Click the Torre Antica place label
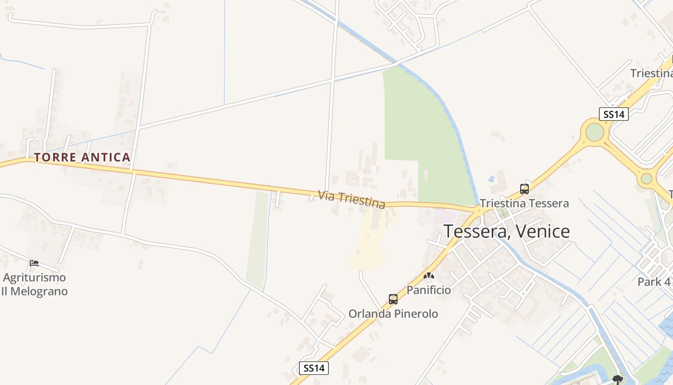[x=82, y=157]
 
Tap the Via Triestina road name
[x=351, y=200]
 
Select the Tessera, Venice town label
[x=506, y=231]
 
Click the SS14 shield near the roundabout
[x=614, y=114]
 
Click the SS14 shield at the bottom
[x=314, y=368]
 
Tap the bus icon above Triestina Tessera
[x=524, y=189]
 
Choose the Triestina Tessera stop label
[x=524, y=203]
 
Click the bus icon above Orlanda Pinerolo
[x=393, y=299]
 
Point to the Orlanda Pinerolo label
[x=393, y=314]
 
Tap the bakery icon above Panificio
[x=429, y=276]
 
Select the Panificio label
[x=429, y=290]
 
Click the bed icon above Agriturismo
[x=34, y=263]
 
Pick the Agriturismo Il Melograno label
[x=34, y=284]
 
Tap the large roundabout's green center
[x=595, y=132]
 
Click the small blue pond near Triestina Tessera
[x=491, y=179]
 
